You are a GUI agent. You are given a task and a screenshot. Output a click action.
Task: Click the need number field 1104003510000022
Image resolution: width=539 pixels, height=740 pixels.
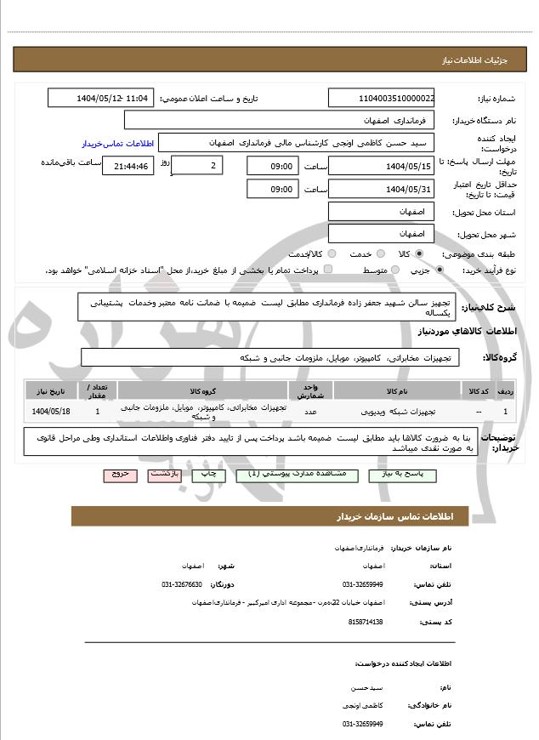(x=383, y=99)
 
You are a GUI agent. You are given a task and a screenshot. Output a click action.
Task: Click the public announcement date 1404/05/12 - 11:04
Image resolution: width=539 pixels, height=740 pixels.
(x=101, y=99)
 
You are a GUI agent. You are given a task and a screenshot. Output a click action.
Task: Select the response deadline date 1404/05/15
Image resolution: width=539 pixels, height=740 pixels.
(x=383, y=166)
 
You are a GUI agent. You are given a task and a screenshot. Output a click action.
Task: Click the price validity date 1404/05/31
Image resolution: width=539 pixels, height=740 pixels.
(x=383, y=189)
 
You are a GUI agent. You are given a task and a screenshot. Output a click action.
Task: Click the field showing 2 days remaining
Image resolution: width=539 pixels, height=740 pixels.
(x=197, y=164)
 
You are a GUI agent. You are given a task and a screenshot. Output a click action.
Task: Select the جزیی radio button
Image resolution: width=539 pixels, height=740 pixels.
(x=440, y=270)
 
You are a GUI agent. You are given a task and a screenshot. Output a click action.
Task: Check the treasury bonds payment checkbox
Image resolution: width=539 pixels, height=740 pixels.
(x=328, y=270)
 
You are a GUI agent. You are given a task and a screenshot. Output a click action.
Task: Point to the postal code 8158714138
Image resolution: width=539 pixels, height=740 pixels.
(x=366, y=622)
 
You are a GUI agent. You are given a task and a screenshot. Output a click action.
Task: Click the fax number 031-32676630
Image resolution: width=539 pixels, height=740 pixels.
(x=182, y=585)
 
